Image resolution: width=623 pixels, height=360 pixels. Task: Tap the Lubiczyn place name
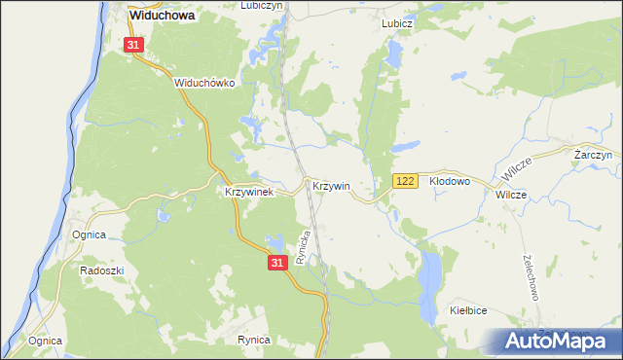259,6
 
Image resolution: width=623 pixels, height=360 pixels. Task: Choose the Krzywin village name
331,185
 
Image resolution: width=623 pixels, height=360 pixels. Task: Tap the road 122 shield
406,182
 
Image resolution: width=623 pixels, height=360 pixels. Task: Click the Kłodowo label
450,181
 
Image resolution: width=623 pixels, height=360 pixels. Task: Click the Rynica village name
253,340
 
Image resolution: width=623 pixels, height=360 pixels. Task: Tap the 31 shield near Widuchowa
135,45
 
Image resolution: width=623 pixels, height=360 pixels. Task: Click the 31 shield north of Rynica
278,263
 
